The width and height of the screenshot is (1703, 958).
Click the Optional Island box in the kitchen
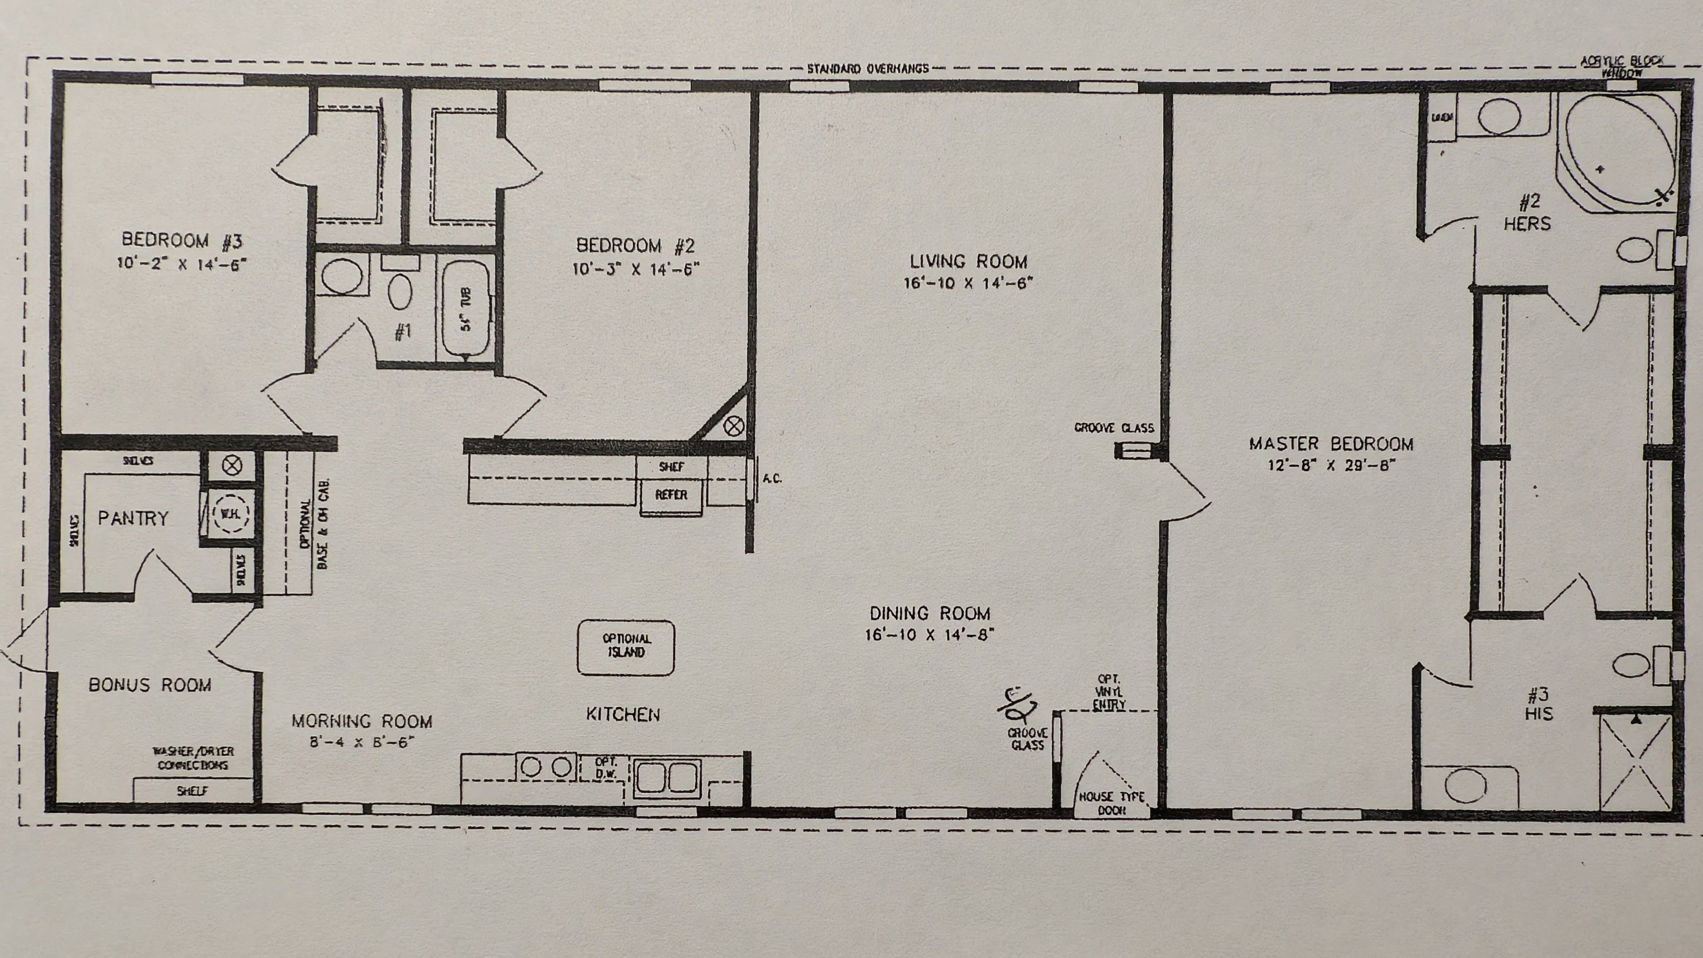(625, 647)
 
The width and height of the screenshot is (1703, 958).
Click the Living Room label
(968, 262)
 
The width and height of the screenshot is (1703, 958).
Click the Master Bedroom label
(1331, 444)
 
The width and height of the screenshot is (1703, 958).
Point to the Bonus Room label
(150, 685)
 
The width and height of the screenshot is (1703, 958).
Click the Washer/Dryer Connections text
(193, 758)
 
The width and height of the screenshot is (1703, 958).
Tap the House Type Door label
(1111, 803)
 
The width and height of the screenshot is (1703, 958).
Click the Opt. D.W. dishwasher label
(606, 768)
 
